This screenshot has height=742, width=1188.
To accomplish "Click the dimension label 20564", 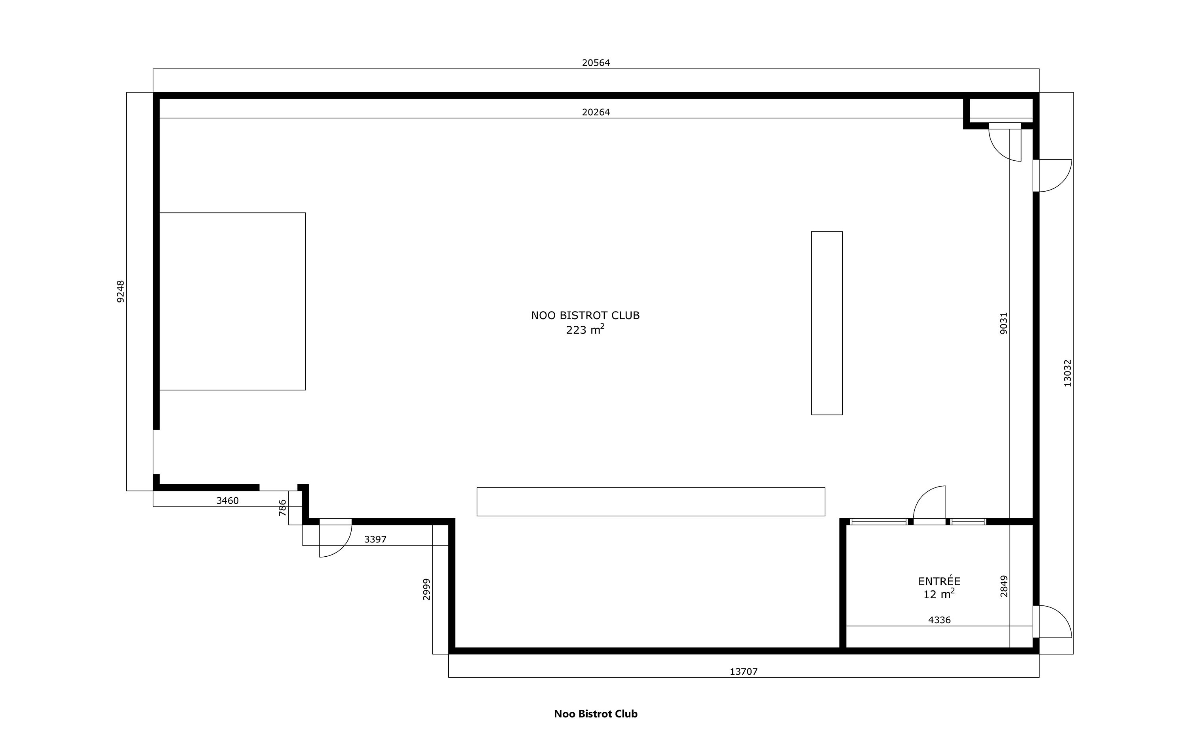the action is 596,63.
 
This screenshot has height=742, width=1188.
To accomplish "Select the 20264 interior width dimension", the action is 596,112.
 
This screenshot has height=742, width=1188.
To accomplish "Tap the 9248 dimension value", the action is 121,291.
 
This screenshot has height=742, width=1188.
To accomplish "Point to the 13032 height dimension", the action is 1067,373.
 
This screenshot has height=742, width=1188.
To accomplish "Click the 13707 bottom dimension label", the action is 743,672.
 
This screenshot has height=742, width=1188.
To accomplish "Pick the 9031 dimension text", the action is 1003,323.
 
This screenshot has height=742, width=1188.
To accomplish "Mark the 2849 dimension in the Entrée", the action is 1003,586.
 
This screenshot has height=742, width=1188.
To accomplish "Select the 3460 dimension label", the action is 227,500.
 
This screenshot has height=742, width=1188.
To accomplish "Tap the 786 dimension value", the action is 282,508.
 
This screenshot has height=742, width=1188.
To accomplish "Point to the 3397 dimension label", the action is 375,539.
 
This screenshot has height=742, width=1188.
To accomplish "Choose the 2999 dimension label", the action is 426,590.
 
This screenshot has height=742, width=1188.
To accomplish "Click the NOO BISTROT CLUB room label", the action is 585,316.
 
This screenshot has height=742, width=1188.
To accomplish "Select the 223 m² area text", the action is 585,329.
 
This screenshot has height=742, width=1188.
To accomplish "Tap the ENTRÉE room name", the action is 939,581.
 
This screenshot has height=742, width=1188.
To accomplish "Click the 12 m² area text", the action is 939,594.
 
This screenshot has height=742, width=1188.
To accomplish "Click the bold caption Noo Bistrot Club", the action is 596,714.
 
